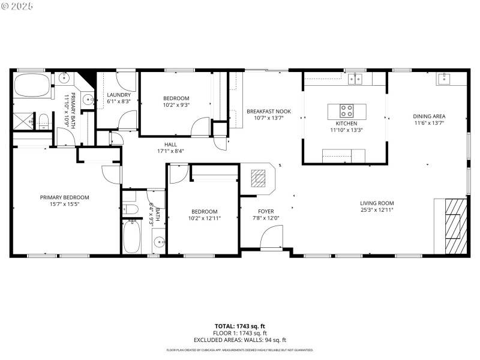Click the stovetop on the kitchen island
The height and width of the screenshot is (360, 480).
click(x=347, y=111)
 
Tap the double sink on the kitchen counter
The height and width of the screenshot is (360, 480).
click(x=356, y=78)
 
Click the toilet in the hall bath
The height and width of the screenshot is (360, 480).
click(x=131, y=209)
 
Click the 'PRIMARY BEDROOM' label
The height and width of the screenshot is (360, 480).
click(x=64, y=197)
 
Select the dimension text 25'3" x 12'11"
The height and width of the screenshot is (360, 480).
click(x=377, y=210)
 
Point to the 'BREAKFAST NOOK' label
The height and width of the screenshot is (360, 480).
click(x=269, y=111)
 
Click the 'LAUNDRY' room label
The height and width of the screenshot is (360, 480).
click(x=118, y=95)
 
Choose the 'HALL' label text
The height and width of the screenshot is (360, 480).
click(x=170, y=144)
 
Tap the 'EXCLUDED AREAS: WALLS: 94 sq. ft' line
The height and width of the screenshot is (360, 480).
click(x=240, y=340)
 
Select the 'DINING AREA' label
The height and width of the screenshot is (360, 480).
click(x=429, y=116)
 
